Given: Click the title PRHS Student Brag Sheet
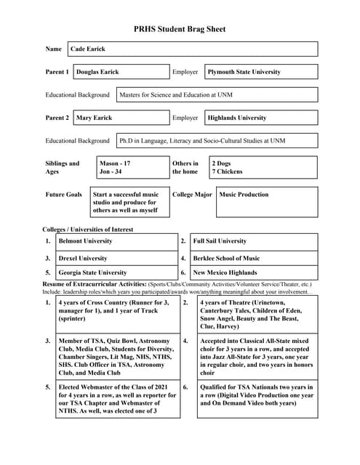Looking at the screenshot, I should coord(180,29).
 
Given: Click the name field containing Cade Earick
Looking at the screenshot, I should coord(193,49).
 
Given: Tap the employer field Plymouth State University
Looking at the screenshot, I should coord(260,73).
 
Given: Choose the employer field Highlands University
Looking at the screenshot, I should coord(260,118).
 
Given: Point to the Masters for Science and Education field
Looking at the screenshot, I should coord(216,95).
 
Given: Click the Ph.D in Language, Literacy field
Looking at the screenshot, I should coord(216,140).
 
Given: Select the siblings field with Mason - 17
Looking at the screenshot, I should coord(132,168).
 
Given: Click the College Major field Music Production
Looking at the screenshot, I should coord(266,201).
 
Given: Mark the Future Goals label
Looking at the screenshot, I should coord(64,195).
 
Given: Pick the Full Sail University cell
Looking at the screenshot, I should coord(253,241).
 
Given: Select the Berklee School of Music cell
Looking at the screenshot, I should coord(253,259).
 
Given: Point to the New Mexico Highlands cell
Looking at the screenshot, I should coord(253,273).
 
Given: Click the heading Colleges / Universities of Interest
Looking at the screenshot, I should coord(87,230).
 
